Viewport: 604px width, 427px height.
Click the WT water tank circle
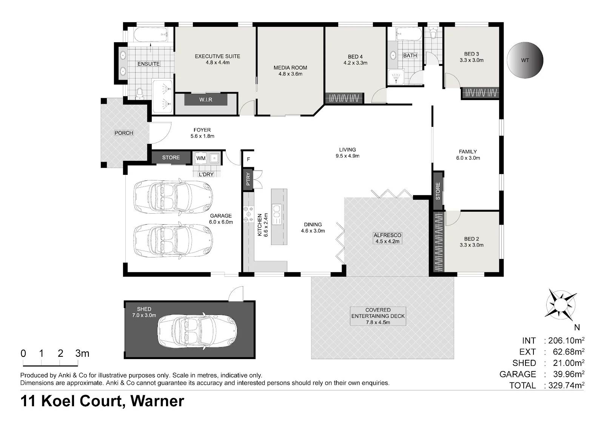pos(525,60)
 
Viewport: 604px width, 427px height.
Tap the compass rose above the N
pos(561,305)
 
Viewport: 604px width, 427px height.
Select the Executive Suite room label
pos(217,59)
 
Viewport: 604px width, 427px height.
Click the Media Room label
pos(290,71)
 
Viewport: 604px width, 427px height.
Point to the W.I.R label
pos(206,100)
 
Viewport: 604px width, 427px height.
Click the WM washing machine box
pos(201,158)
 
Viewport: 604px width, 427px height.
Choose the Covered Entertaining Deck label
pos(378,316)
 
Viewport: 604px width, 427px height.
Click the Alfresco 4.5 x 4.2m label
pos(387,238)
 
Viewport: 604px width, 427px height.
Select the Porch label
pos(124,133)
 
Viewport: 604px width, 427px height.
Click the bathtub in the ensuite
pos(151,34)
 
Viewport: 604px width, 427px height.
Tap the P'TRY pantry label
pos(248,179)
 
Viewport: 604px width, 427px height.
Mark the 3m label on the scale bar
pos(82,353)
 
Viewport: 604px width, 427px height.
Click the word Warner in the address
pos(157,401)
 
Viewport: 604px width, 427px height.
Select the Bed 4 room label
pos(355,60)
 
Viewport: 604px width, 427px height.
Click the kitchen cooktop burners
pos(249,214)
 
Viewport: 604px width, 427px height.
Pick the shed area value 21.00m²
pos(569,363)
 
